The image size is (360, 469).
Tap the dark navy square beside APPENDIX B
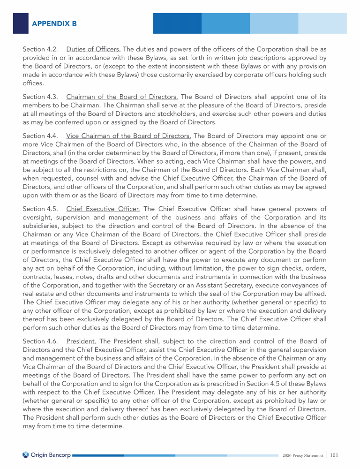(x=21, y=23)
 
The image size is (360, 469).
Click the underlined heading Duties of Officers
(x=94, y=49)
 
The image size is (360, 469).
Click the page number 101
(x=335, y=454)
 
